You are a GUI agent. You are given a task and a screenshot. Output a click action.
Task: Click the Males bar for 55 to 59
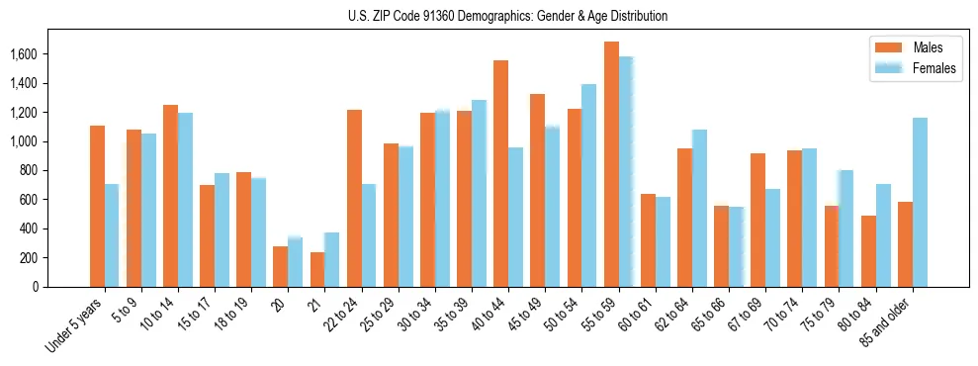(611, 164)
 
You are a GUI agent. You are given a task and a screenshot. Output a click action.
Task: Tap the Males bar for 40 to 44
(500, 174)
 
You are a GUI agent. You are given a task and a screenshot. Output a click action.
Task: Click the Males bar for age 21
(317, 269)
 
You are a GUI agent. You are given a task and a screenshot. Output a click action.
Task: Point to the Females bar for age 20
(295, 262)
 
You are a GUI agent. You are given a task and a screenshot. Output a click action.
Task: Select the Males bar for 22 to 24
(354, 199)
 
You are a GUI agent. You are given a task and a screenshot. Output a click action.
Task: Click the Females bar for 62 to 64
(699, 209)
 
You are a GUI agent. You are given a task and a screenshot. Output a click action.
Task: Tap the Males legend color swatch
(887, 47)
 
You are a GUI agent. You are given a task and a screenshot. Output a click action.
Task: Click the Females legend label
(934, 68)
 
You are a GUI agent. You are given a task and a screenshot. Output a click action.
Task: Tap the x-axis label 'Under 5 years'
(73, 326)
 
